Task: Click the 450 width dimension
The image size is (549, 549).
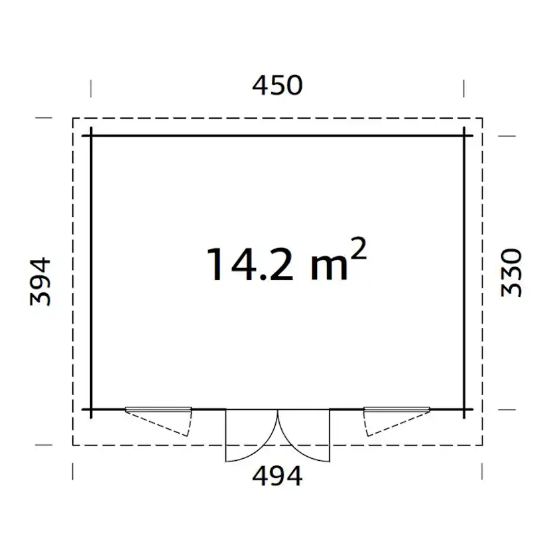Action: click(278, 86)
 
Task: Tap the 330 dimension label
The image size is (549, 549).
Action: click(511, 273)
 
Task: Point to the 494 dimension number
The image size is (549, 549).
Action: click(278, 475)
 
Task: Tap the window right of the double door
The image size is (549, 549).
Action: click(395, 419)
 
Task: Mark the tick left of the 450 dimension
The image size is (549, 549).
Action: click(91, 88)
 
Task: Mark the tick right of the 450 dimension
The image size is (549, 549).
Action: click(464, 88)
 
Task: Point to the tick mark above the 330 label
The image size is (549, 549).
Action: click(507, 135)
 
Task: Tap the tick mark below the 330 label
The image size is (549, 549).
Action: click(507, 409)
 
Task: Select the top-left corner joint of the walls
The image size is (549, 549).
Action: click(91, 135)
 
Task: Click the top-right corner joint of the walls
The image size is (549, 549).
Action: click(464, 135)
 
